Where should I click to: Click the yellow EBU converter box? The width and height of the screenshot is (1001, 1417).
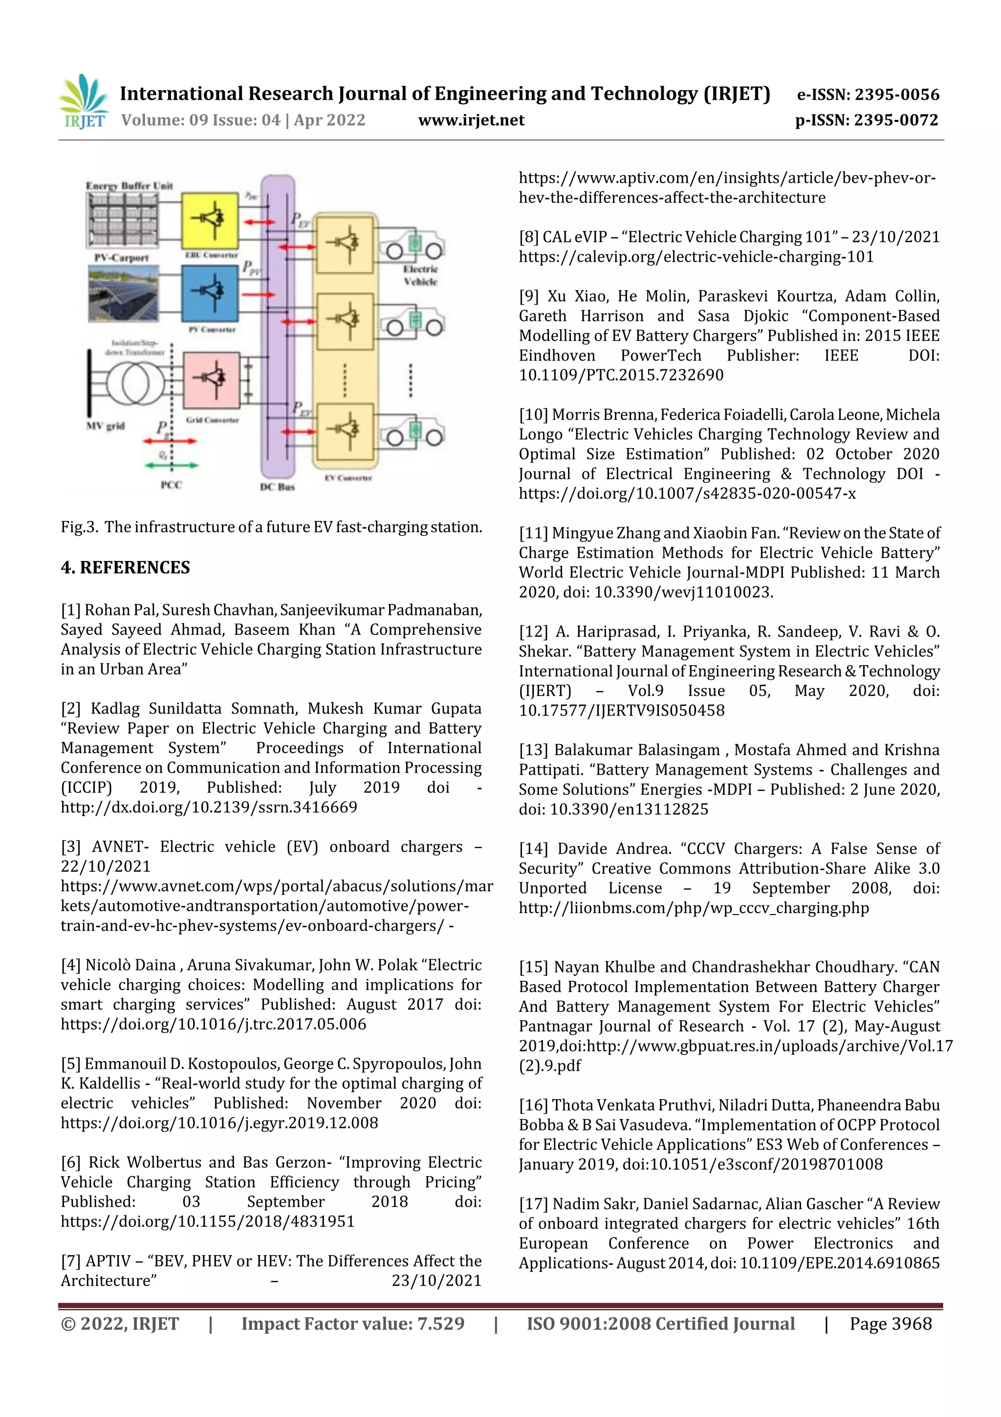pyautogui.click(x=210, y=220)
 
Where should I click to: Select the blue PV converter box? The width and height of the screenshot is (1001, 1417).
pyautogui.click(x=210, y=292)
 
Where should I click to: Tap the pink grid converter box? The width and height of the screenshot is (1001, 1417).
pyautogui.click(x=212, y=378)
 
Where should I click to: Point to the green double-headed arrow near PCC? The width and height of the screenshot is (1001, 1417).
pyautogui.click(x=172, y=465)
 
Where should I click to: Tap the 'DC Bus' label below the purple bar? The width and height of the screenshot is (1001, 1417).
pyautogui.click(x=277, y=487)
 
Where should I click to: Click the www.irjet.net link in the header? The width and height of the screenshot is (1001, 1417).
pyautogui.click(x=471, y=120)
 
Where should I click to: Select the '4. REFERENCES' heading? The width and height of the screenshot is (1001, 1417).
pyautogui.click(x=125, y=567)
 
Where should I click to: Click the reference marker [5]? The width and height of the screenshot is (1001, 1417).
pyautogui.click(x=71, y=1063)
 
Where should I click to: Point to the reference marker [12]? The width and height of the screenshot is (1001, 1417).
pyautogui.click(x=534, y=631)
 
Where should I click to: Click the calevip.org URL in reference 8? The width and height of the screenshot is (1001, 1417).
pyautogui.click(x=696, y=257)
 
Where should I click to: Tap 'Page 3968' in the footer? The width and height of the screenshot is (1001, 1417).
pyautogui.click(x=890, y=1323)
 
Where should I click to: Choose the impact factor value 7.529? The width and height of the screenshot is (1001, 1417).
pyautogui.click(x=440, y=1323)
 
